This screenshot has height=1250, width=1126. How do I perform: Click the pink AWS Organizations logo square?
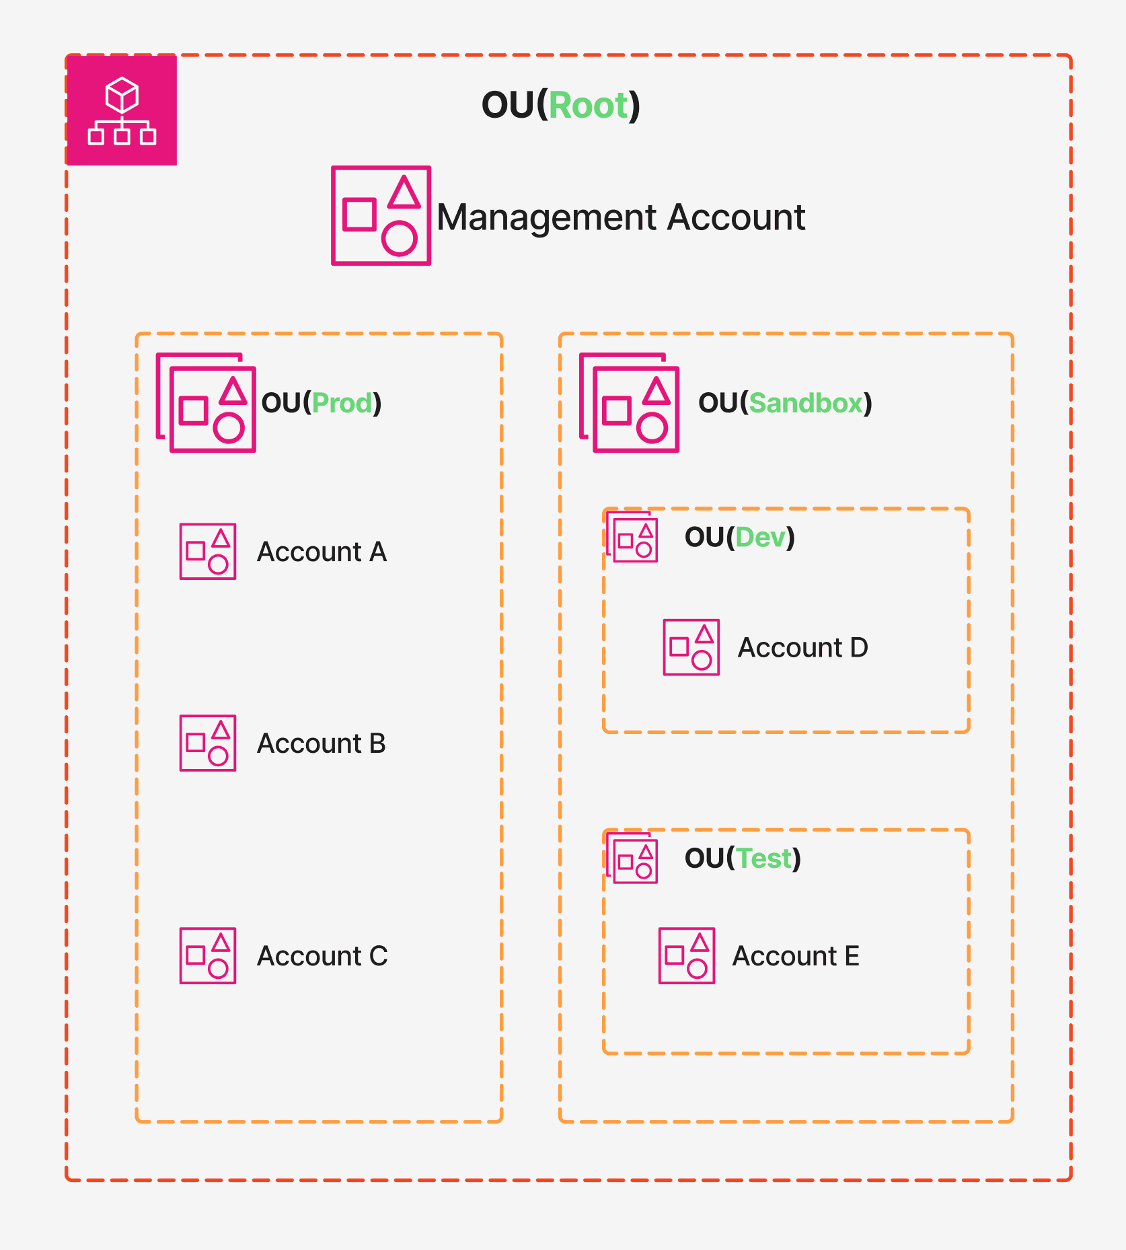(122, 110)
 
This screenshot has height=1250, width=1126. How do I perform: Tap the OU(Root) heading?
(560, 106)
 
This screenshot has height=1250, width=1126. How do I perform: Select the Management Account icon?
(381, 215)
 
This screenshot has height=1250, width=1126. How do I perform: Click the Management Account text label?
(620, 217)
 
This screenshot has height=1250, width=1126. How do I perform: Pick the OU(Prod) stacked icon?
(207, 403)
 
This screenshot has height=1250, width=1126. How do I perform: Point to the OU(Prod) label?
(321, 403)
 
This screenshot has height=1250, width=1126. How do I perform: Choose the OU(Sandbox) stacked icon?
(630, 403)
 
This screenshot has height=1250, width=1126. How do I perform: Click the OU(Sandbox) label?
(785, 403)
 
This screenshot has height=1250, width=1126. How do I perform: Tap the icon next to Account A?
(208, 552)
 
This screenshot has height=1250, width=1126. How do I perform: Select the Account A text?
(322, 552)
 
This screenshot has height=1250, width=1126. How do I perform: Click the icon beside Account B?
(208, 743)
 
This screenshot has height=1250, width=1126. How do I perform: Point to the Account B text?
(321, 743)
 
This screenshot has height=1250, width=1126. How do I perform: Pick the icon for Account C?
(208, 955)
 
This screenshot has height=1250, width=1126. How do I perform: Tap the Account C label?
(322, 956)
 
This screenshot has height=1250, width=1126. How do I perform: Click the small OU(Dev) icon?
(632, 538)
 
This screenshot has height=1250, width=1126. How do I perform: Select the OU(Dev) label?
(739, 538)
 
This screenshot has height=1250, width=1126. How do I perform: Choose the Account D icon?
(691, 647)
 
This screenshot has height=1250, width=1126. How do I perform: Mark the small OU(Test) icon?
(632, 858)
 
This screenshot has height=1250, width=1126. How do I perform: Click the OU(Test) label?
(743, 858)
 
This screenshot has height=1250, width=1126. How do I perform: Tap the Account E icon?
(687, 955)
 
